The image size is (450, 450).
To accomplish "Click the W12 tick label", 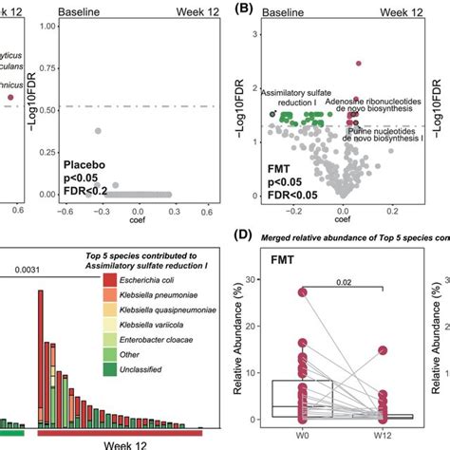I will [382, 433].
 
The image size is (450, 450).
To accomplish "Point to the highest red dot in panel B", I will [359, 64].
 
